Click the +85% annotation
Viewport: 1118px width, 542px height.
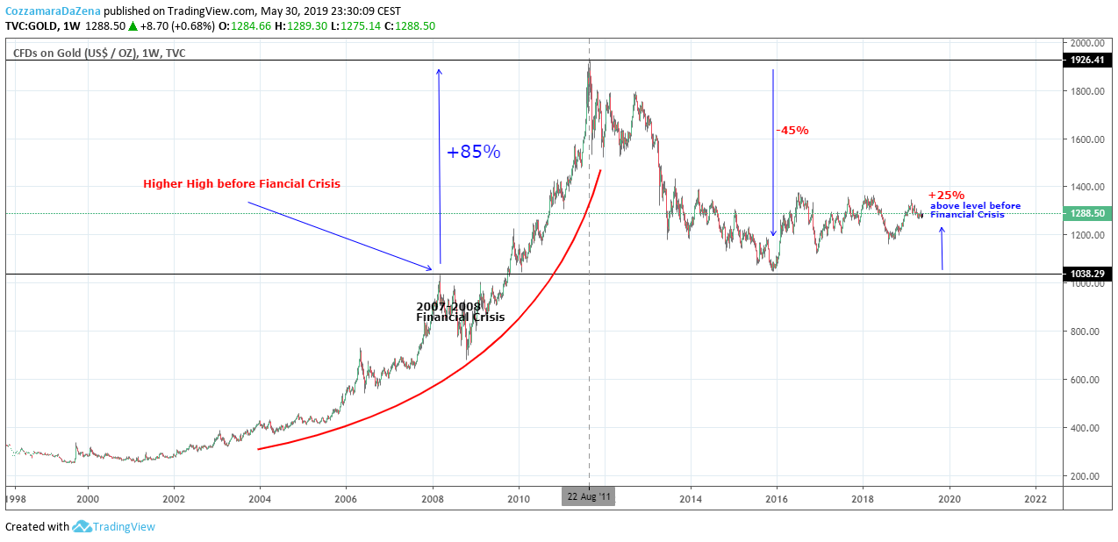click(x=473, y=152)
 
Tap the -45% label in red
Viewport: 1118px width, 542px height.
click(x=792, y=131)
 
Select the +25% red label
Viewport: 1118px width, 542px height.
click(x=946, y=195)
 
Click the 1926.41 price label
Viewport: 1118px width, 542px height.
click(x=1087, y=60)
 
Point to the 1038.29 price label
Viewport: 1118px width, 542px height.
click(x=1087, y=274)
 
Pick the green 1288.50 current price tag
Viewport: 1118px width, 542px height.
click(x=1087, y=213)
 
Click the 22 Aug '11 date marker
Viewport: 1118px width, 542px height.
click(x=589, y=496)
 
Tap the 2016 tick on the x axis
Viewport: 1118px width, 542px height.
click(x=777, y=499)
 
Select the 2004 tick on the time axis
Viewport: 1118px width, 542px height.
click(x=260, y=499)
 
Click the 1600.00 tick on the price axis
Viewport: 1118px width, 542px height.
click(x=1088, y=139)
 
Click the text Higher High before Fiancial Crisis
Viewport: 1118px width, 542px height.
click(x=241, y=184)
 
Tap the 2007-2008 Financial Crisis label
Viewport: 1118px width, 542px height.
click(x=460, y=311)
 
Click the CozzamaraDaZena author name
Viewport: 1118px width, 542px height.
click(x=53, y=11)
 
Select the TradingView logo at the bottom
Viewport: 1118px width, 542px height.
click(x=113, y=526)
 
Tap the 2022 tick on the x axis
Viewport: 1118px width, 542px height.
click(x=1036, y=499)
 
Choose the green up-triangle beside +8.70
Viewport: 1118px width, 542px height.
click(x=133, y=26)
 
